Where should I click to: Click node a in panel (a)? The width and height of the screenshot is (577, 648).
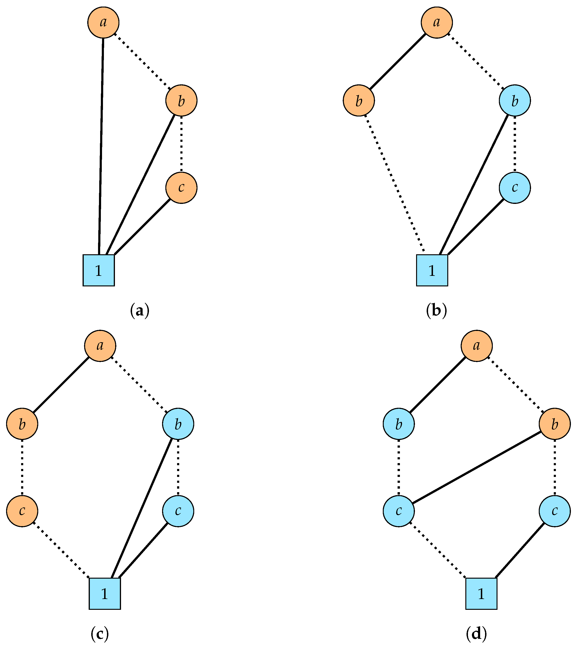tap(103, 22)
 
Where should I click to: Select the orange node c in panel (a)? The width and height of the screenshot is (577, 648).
tap(181, 188)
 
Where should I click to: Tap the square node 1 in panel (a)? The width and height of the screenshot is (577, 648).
tap(99, 270)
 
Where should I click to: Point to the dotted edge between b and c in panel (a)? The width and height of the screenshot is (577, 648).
tap(181, 144)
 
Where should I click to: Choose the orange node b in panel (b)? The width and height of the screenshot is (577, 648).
tap(359, 101)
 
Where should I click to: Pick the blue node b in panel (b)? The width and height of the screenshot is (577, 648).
tap(515, 101)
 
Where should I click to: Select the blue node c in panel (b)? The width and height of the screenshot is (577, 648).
tap(515, 188)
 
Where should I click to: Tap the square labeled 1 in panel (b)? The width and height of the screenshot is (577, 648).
tap(432, 270)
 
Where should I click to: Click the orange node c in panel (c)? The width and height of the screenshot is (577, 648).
tap(22, 511)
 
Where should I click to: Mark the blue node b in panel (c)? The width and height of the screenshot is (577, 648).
tap(178, 424)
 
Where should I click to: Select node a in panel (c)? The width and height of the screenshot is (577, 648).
tap(100, 345)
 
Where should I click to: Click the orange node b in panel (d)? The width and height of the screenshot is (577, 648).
tap(554, 424)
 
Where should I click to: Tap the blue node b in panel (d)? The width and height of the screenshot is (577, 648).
tap(399, 424)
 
